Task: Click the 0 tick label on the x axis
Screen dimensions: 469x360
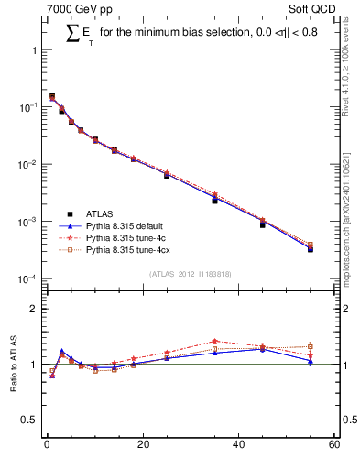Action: (x=47, y=445)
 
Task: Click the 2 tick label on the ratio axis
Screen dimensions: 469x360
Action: (x=36, y=309)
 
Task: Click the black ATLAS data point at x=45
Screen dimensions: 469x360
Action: (x=262, y=224)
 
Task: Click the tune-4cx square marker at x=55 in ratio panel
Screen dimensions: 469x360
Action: (x=311, y=346)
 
